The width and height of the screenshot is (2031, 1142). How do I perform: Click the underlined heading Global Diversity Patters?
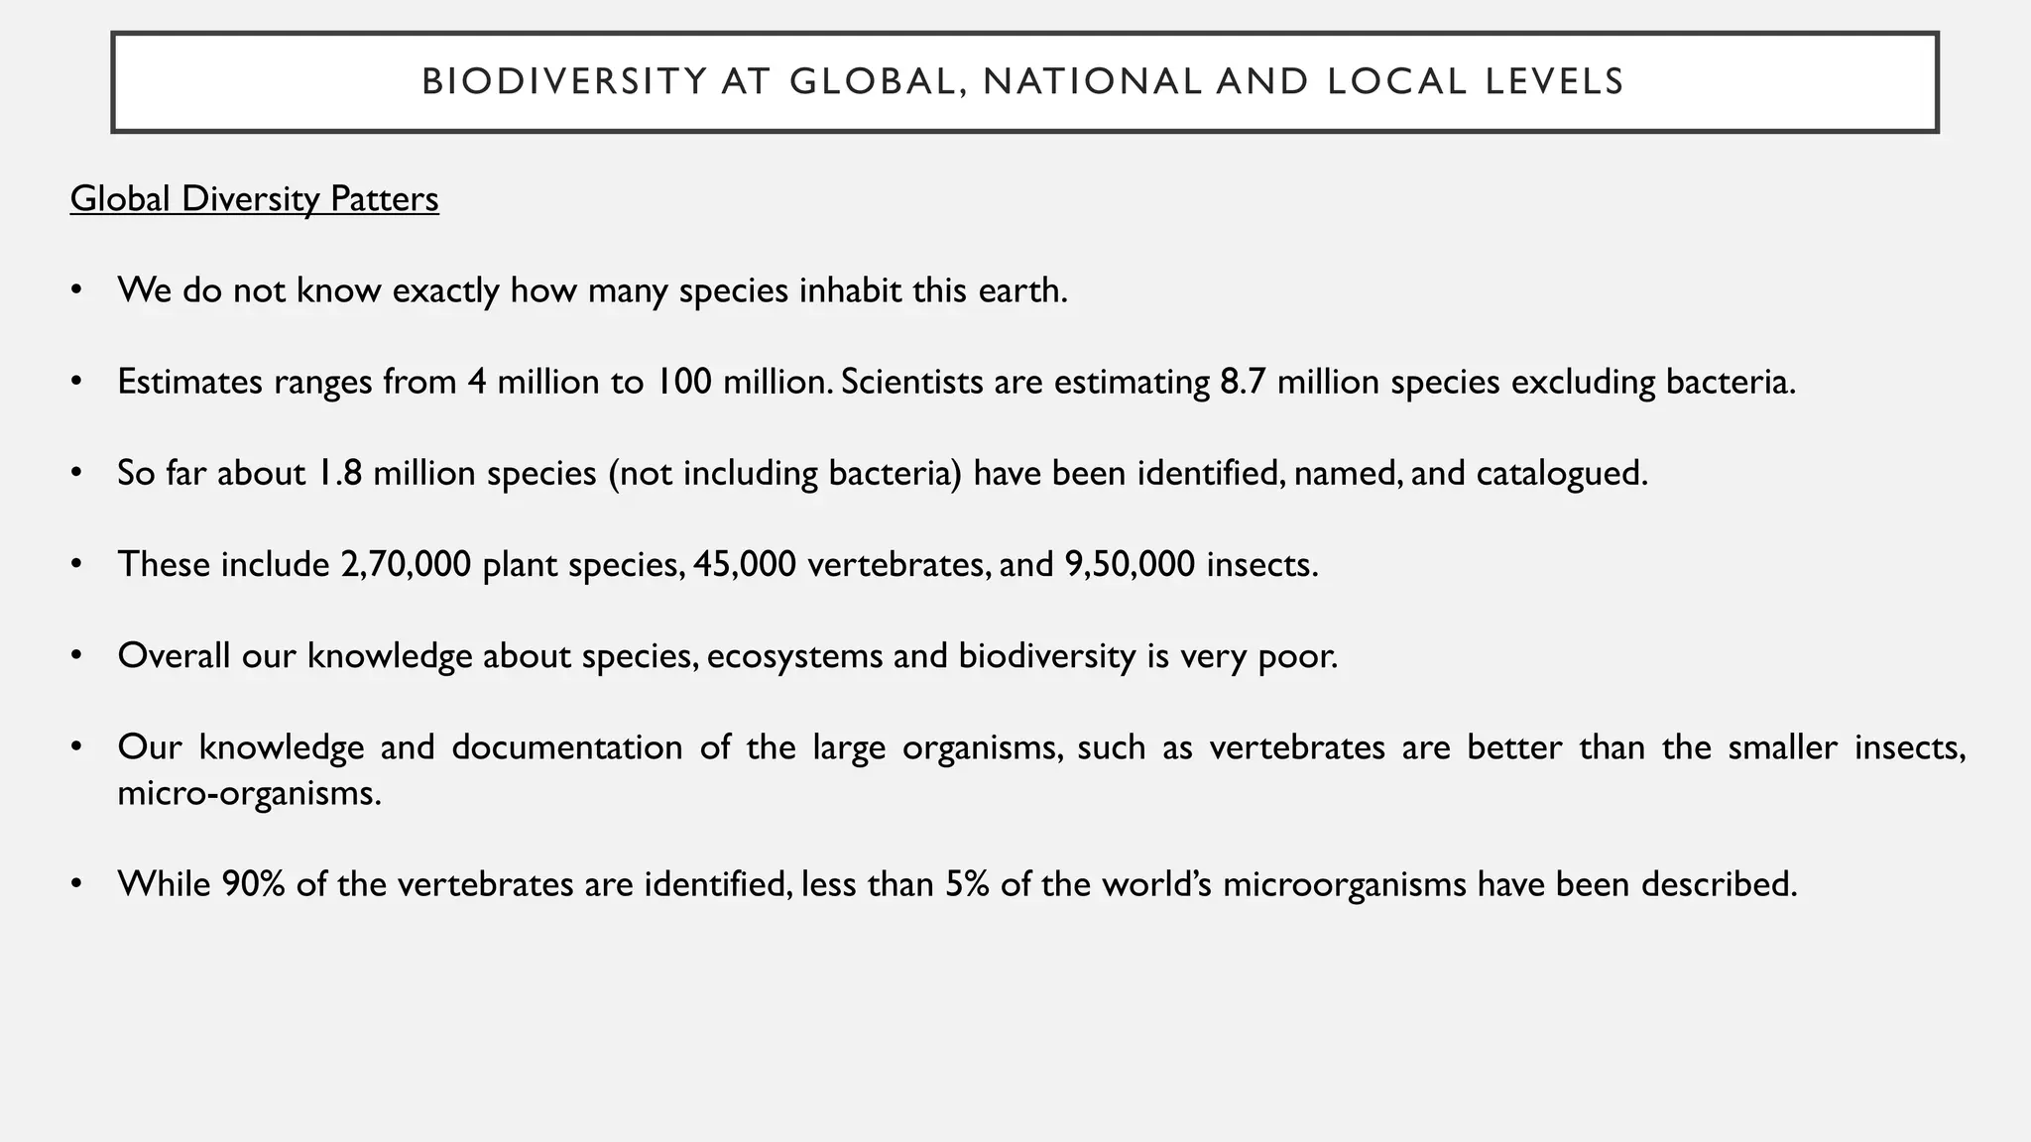point(254,199)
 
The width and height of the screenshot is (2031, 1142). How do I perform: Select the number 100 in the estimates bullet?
point(683,382)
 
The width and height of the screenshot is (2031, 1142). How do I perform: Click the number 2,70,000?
point(405,564)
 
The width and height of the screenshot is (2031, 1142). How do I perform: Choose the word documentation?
point(566,746)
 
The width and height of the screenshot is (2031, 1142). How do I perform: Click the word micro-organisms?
point(248,793)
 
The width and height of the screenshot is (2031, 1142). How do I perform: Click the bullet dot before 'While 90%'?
point(75,883)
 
